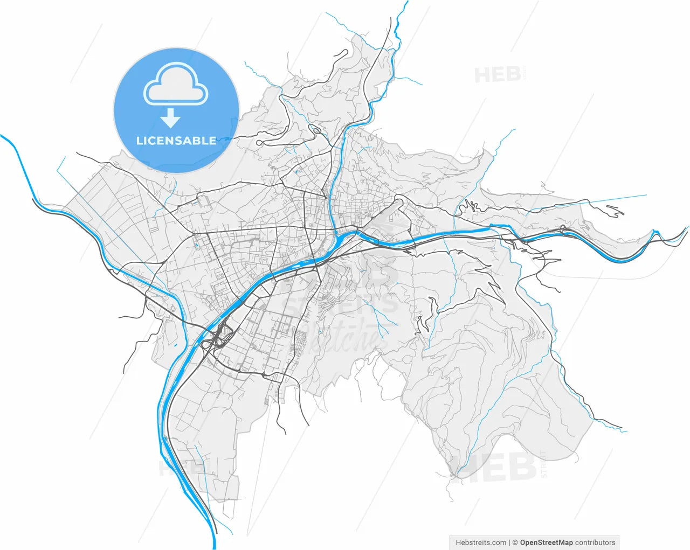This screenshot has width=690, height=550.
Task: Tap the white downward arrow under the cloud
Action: (171, 117)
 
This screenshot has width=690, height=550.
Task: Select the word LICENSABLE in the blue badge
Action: (176, 141)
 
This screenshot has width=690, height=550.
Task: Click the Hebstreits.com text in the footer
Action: (481, 542)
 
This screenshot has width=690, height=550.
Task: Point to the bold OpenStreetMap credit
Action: (546, 542)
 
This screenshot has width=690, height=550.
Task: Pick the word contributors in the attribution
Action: (595, 542)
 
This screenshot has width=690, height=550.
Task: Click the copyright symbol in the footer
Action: (515, 542)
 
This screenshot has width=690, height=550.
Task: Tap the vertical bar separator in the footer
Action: (509, 542)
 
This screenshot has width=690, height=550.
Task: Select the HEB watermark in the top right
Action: (496, 75)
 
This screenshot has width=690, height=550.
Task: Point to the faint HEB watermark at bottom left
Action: (172, 468)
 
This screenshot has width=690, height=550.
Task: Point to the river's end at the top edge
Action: (405, 2)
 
